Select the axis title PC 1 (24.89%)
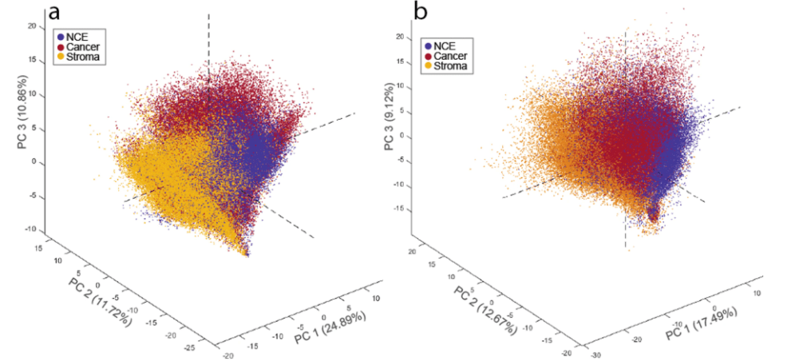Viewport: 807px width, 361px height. pyautogui.click(x=330, y=327)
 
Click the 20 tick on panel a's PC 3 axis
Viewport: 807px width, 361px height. pyautogui.click(x=32, y=26)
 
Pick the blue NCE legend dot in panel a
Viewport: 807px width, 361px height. pyautogui.click(x=61, y=36)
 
